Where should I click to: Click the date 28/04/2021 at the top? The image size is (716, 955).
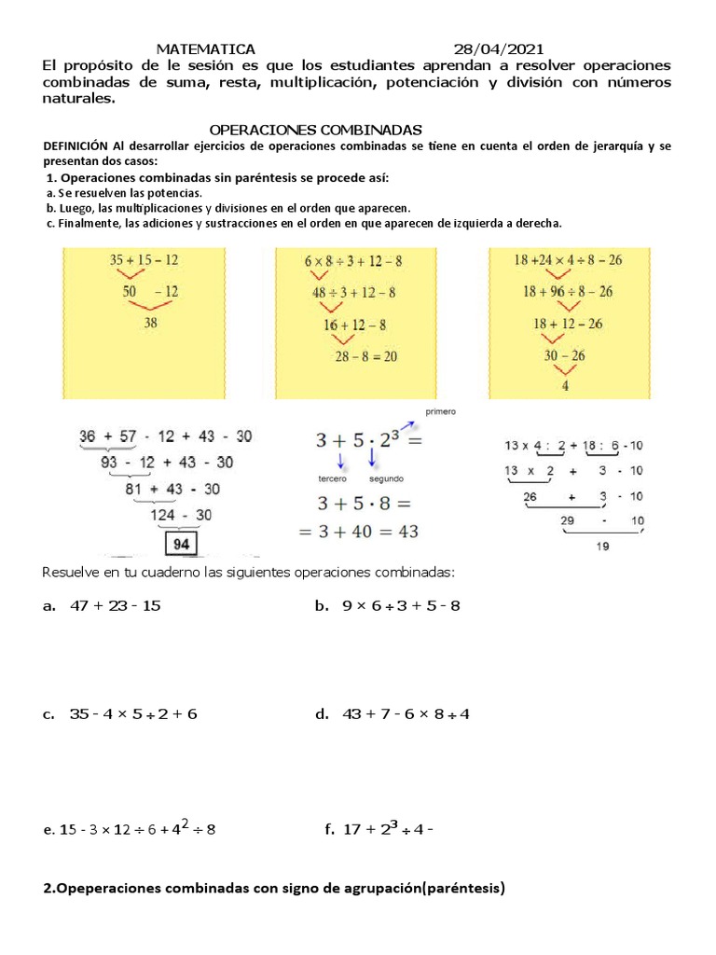[500, 48]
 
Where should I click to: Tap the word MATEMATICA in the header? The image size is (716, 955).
[205, 48]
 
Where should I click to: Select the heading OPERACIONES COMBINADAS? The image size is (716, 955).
[316, 129]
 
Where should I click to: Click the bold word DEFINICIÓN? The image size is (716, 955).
[76, 146]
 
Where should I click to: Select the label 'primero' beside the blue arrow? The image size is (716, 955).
[440, 411]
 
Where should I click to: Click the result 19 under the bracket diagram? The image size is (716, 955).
[602, 547]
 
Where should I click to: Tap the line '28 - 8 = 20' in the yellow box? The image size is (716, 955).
[367, 355]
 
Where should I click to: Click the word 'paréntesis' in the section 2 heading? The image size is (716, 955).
[462, 889]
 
